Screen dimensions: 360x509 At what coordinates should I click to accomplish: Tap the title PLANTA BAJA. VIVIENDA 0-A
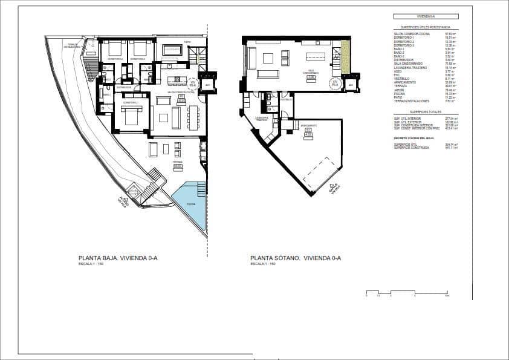(x=118, y=258)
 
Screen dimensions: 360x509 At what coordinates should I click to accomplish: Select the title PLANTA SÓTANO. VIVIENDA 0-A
(x=296, y=258)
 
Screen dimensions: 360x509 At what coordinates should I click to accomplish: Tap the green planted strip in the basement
(x=345, y=58)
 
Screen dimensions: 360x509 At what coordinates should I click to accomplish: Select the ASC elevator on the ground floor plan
(x=207, y=85)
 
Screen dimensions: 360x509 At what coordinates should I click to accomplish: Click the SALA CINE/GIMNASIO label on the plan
(x=311, y=71)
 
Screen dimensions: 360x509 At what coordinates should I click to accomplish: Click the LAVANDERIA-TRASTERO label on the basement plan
(x=261, y=119)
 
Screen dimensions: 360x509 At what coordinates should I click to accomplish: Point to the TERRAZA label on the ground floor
(x=177, y=162)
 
